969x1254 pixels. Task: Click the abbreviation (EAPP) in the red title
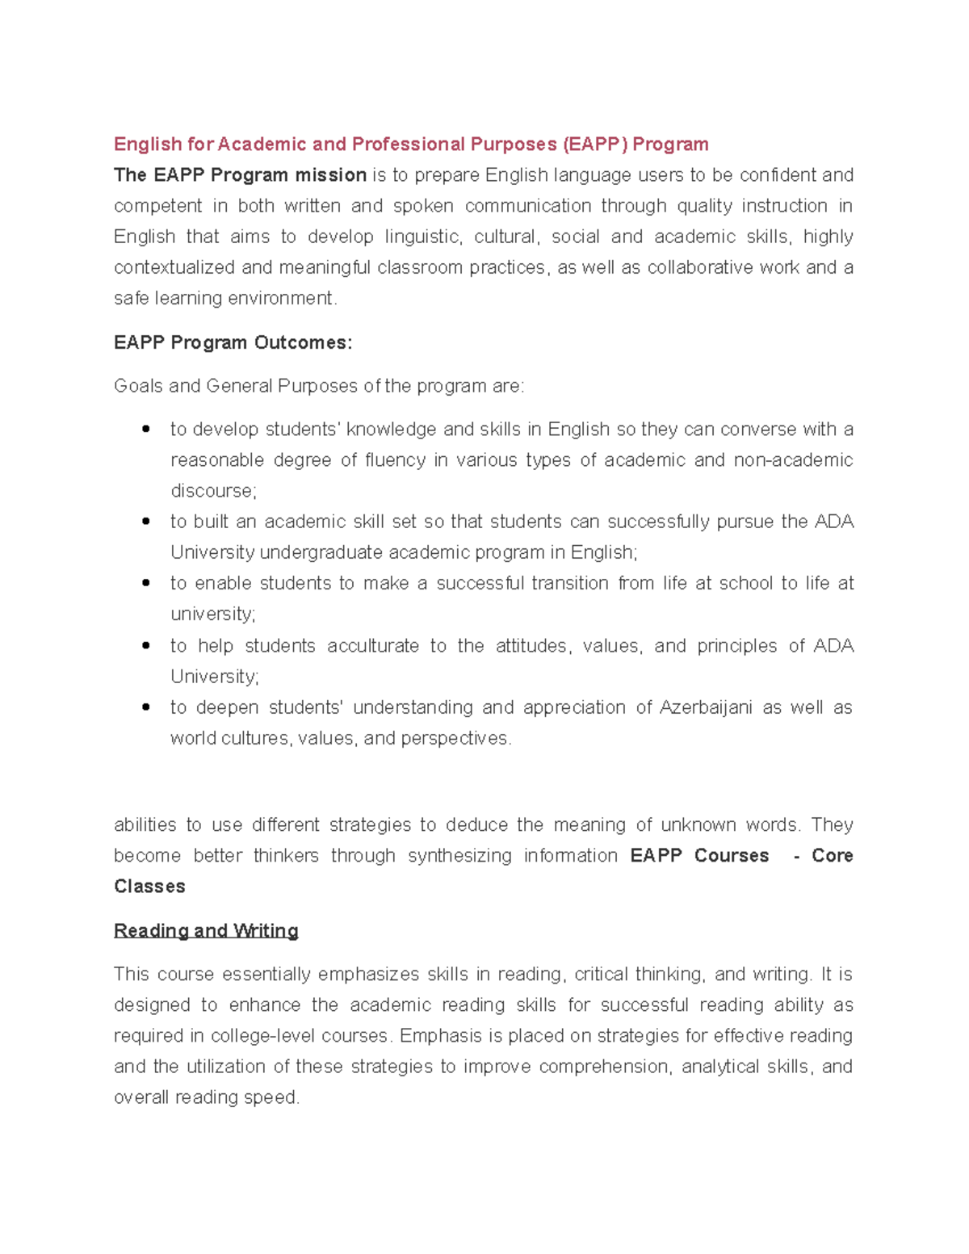(x=594, y=145)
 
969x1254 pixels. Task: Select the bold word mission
(x=330, y=175)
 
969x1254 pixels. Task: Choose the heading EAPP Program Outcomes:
(x=233, y=342)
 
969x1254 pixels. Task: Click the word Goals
(x=138, y=386)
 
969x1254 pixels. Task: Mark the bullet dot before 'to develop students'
(x=146, y=430)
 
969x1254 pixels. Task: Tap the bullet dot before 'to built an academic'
(x=146, y=522)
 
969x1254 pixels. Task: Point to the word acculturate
(x=373, y=646)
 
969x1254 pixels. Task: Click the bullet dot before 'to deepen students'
(x=146, y=707)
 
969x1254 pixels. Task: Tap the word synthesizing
(x=459, y=856)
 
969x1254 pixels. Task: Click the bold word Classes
(x=149, y=887)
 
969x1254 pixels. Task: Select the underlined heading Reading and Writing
(x=206, y=931)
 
